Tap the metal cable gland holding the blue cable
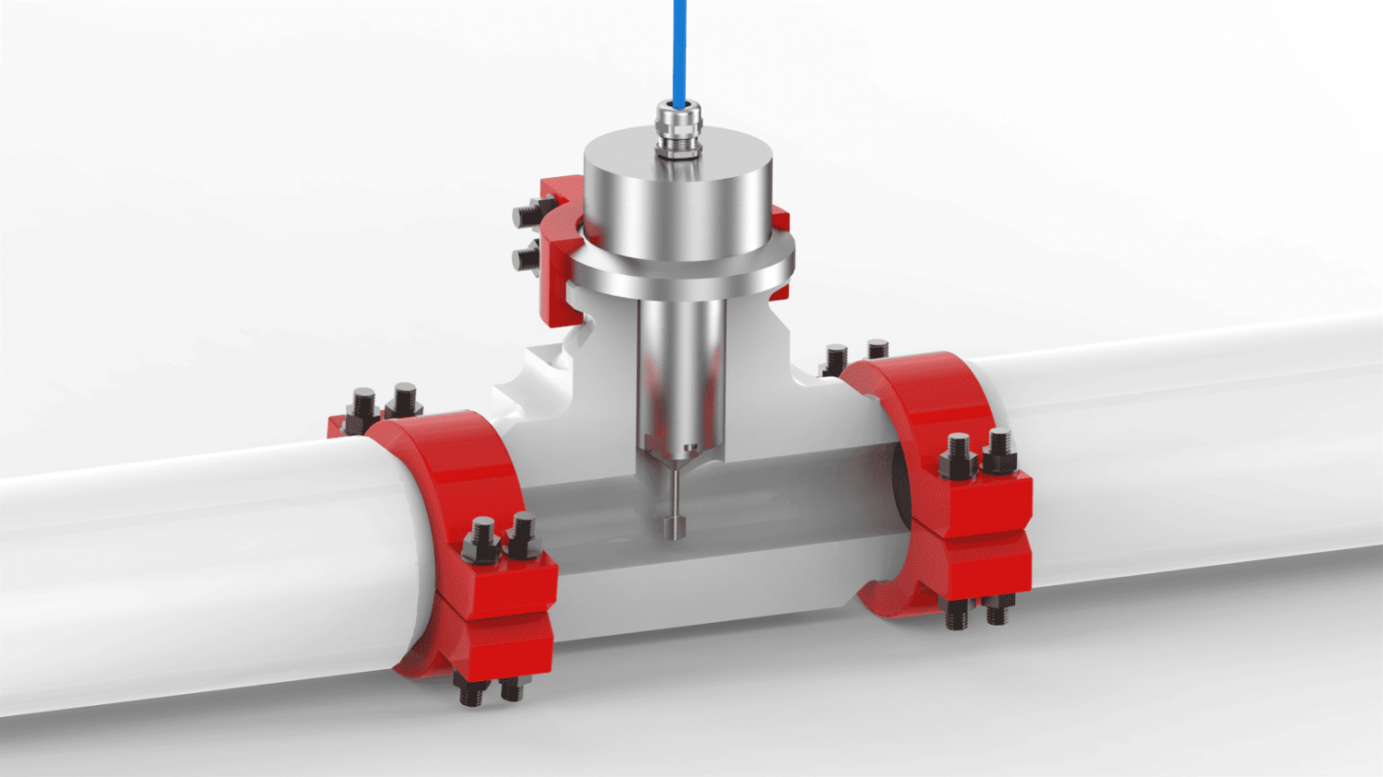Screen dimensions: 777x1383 point(679,129)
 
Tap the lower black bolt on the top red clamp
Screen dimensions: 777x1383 point(527,257)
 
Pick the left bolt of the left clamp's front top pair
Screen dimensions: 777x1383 point(482,540)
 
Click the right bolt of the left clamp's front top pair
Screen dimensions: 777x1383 point(523,536)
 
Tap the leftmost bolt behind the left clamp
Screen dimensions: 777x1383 point(363,409)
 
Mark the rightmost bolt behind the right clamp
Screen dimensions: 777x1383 point(878,350)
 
